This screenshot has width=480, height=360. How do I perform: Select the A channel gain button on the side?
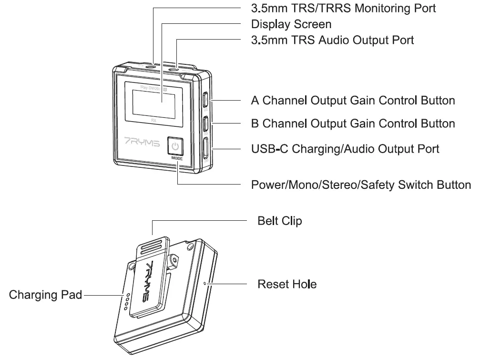tap(205, 100)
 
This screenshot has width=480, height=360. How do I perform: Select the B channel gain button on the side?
tap(205, 123)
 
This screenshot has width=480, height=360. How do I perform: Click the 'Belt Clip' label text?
tap(279, 221)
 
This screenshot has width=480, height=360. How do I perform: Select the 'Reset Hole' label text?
tap(287, 284)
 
